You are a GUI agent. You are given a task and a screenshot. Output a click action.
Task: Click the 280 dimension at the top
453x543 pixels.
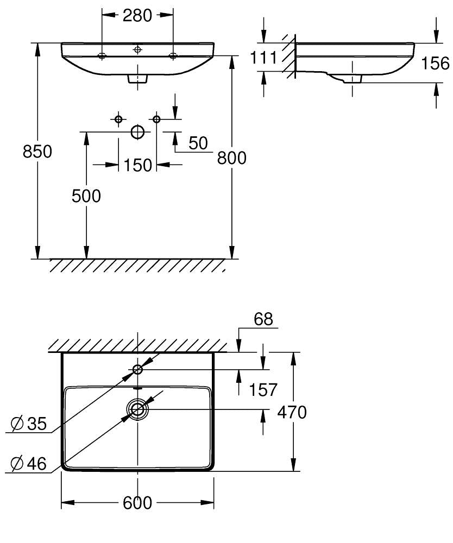coord(137,16)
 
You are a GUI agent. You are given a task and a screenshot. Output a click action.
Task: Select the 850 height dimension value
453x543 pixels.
coord(37,151)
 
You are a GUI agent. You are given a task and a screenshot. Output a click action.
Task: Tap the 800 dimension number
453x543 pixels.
coord(232,158)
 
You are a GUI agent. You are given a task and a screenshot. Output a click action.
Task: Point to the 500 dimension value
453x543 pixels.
coord(86,196)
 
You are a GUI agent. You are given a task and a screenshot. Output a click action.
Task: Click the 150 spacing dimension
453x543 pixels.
coord(138,165)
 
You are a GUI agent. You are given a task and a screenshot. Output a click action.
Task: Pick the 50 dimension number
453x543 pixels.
coord(198,143)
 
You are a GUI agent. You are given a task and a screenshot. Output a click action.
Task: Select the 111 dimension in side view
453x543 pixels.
coord(263,58)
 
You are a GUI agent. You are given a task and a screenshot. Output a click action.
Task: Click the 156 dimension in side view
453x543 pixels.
coord(435,64)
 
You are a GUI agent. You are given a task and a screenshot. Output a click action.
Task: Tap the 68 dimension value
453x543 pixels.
coord(263,319)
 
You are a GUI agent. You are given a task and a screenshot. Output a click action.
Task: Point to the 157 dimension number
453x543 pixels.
coord(263,390)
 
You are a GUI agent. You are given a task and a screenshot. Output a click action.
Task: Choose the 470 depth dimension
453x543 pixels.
coord(292,413)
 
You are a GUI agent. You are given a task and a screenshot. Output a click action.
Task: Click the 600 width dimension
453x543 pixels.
coord(137,503)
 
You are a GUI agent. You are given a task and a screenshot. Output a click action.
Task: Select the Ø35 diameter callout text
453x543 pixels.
coord(28,424)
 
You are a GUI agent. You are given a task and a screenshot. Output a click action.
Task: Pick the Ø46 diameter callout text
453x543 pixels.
coord(28,464)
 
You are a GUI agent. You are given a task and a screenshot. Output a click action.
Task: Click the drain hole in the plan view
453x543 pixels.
coord(138,409)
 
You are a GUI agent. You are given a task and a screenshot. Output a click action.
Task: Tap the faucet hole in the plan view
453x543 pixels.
coord(138,369)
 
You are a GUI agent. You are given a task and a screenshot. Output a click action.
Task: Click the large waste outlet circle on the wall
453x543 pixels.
coord(138,132)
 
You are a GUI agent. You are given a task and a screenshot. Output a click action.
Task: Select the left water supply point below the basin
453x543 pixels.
coord(118,119)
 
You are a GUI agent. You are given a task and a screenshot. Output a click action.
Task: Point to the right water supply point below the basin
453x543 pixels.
coord(156,119)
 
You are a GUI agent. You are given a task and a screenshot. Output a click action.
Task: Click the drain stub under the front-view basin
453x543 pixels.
coord(138,79)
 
